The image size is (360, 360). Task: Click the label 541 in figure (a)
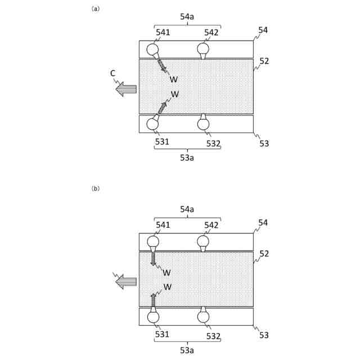tap(163, 33)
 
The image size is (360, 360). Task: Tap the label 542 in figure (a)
tap(211, 33)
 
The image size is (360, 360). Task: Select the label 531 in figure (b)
tap(162, 335)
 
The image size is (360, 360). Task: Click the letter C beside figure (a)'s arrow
tap(113, 73)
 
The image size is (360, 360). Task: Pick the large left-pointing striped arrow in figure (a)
tap(126, 89)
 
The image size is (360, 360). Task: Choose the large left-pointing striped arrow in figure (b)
tap(126, 281)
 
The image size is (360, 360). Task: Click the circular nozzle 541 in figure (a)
tap(152, 49)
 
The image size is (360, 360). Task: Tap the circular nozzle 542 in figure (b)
tap(203, 242)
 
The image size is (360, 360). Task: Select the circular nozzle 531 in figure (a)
tap(152, 124)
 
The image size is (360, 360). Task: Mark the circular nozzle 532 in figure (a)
tap(203, 124)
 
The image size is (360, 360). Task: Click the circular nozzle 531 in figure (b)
tap(153, 317)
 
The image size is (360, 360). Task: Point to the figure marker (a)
tap(96, 8)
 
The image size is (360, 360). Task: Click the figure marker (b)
tap(96, 188)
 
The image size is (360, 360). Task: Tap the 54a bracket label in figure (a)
tap(187, 17)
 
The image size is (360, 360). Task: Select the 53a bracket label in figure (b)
tap(187, 350)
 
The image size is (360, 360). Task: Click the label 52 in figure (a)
tap(264, 61)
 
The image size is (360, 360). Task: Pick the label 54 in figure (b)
tap(263, 223)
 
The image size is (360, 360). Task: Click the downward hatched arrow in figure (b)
tap(153, 259)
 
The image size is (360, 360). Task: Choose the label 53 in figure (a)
tap(264, 143)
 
